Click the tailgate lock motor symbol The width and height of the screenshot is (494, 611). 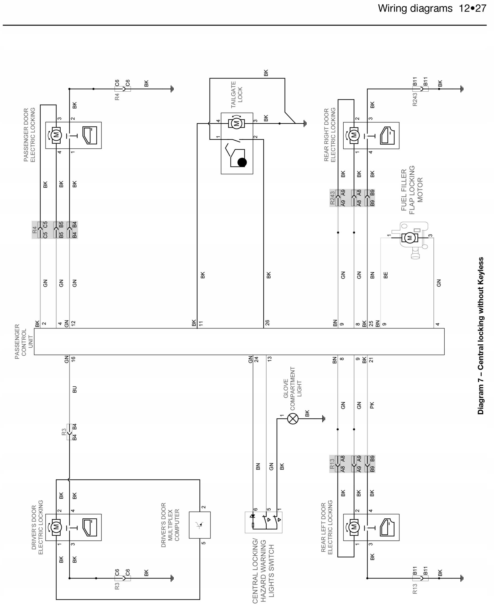coord(236,123)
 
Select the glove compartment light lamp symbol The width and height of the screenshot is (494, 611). coord(293,419)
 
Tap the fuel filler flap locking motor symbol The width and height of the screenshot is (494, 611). coord(410,238)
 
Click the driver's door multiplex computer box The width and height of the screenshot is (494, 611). coord(200,525)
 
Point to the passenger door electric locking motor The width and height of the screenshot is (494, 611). coord(56,135)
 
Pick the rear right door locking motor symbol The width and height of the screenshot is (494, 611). coord(354,135)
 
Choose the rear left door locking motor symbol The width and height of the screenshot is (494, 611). coord(354,527)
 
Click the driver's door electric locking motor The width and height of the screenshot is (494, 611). coord(56,527)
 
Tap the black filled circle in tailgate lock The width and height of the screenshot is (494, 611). coord(242,162)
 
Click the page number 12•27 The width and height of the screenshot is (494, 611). coord(472,9)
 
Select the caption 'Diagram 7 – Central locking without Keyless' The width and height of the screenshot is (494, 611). coord(481,336)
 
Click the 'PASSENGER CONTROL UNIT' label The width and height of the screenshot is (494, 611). coord(24,342)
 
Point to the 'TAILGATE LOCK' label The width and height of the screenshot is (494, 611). coord(236,95)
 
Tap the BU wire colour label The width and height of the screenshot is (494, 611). coord(74,389)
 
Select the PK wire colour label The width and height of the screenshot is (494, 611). coord(372,405)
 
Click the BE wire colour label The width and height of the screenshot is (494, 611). coord(386,275)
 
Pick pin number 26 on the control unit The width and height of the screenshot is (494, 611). coord(267,323)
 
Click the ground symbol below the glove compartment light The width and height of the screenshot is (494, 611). coord(324,419)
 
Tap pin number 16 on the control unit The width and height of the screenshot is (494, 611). coord(73,359)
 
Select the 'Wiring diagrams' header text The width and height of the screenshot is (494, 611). coord(415,9)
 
